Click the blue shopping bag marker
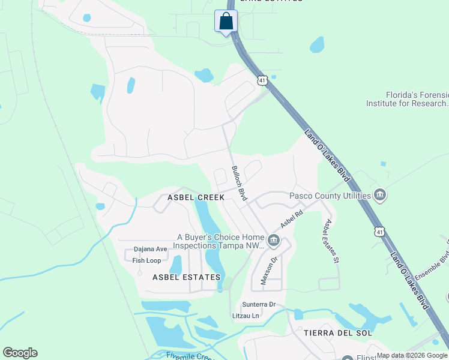tap(226, 22)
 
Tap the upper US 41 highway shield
tap(262, 79)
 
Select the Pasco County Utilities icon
tap(379, 195)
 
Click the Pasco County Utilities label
tap(330, 196)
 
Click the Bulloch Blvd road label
tap(240, 184)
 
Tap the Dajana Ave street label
tap(150, 249)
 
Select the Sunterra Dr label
tap(259, 304)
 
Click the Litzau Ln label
tap(246, 316)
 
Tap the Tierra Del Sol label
tap(338, 332)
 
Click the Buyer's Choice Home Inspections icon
tap(274, 241)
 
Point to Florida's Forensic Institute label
tap(407, 99)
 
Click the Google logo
tap(20, 353)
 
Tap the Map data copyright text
tap(412, 355)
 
